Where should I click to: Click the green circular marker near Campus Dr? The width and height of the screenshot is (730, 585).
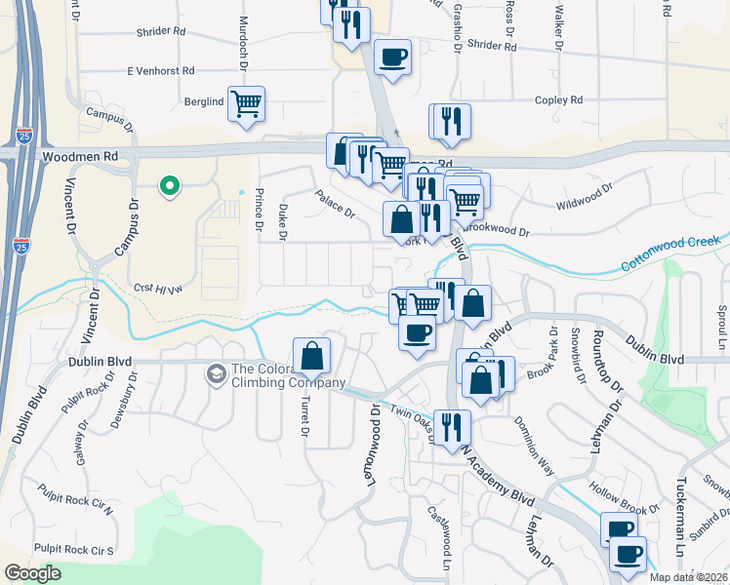coord(169,184)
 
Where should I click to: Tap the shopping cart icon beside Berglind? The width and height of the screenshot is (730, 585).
coord(247,102)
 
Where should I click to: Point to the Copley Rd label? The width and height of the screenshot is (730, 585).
coord(558,99)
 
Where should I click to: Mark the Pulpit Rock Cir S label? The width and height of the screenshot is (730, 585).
coord(74,550)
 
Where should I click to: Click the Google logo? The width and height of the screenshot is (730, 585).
coord(33,573)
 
